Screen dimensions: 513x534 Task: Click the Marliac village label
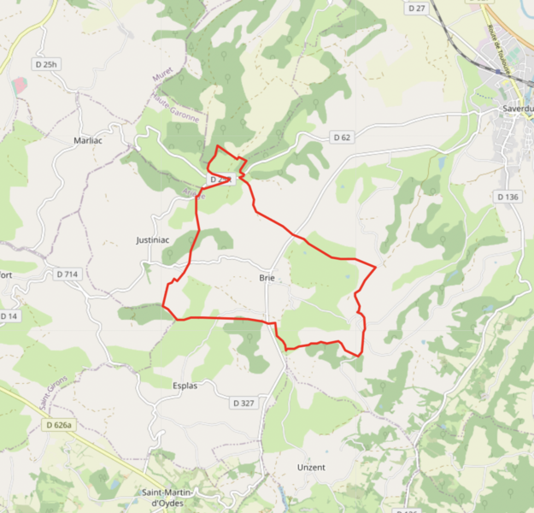point(88,140)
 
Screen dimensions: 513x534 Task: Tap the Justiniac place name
point(153,240)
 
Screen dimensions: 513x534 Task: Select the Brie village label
point(266,278)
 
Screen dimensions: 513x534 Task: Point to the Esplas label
point(185,386)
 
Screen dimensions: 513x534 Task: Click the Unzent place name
point(311,468)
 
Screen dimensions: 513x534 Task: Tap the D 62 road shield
point(342,137)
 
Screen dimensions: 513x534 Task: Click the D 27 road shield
point(417,8)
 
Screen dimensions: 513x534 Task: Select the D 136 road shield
point(508,197)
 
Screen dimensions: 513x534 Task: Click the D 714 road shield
point(67,274)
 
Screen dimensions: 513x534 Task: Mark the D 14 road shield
point(9,316)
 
